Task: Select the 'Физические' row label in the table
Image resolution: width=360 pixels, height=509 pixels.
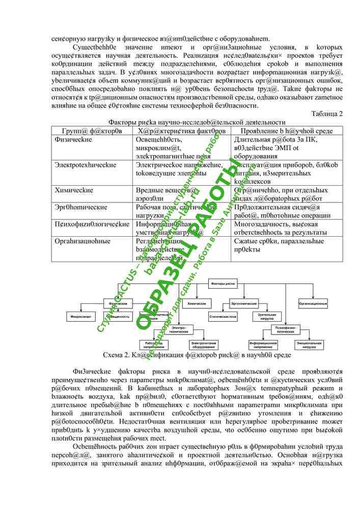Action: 73,139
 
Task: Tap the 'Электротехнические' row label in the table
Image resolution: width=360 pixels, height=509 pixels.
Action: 86,165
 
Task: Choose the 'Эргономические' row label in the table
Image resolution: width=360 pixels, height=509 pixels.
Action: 81,207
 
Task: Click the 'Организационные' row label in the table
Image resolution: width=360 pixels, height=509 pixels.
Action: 83,241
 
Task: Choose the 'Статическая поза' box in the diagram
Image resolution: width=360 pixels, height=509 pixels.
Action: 223,317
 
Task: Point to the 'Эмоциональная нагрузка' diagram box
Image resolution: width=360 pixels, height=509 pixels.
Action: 311,345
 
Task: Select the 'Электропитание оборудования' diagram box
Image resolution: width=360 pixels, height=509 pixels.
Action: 206,345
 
